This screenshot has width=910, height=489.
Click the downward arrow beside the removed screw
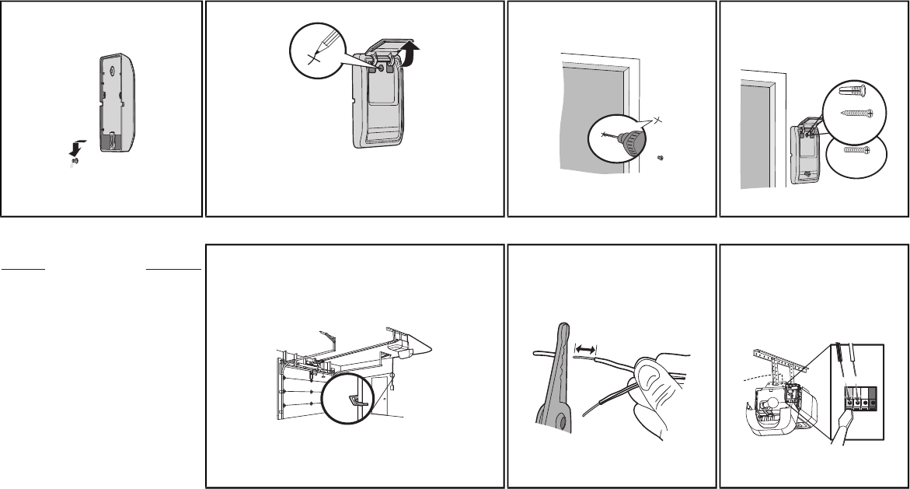point(75,147)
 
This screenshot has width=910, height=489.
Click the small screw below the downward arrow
point(75,162)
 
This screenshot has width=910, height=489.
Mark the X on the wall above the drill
point(657,119)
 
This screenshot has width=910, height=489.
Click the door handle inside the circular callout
point(358,400)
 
